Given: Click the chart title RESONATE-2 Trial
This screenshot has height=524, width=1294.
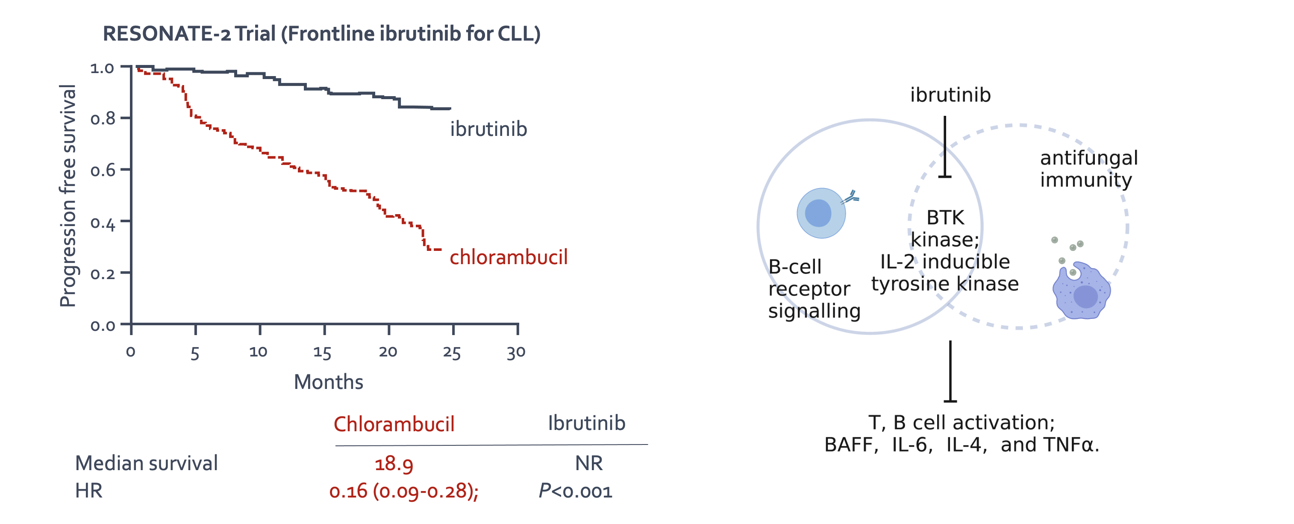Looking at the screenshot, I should (321, 34).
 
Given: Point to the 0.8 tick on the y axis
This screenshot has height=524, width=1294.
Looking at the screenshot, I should (103, 119).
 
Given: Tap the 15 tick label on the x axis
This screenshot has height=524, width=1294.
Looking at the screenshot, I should (322, 352).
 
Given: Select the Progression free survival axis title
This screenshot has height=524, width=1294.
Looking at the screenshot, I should (68, 196).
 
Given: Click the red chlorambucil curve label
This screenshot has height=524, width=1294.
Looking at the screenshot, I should (509, 257).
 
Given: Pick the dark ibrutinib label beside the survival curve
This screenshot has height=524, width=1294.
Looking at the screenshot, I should (488, 129).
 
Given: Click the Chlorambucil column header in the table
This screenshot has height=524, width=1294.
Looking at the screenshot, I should (394, 424).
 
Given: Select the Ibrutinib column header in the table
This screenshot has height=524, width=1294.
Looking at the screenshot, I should (586, 424).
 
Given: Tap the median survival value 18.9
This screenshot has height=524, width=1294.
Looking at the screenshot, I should (394, 464).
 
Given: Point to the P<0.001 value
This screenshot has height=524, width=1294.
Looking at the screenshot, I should (575, 491).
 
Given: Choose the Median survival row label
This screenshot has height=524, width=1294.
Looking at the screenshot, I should (146, 463).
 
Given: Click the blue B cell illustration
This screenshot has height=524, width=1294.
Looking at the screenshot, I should (822, 213).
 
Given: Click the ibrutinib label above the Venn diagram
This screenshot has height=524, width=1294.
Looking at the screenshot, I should (950, 95).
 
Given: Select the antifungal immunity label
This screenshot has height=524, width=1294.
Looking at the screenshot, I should (1088, 169).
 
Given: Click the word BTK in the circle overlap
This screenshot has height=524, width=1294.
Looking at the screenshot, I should (945, 218).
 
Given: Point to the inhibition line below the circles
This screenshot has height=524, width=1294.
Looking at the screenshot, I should (950, 372).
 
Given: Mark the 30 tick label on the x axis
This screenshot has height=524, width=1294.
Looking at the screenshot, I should (516, 352).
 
